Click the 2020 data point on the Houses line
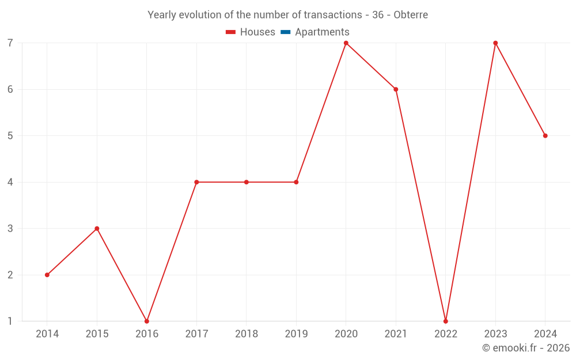point(346,43)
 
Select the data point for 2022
point(446,321)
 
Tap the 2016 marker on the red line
point(147,321)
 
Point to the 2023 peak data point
point(495,43)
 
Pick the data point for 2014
point(47,275)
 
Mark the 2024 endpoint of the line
point(545,136)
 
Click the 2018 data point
point(247,182)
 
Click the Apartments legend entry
point(322,32)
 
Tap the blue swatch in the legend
point(285,32)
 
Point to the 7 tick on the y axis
point(10,43)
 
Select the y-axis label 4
point(10,182)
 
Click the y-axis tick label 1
point(10,321)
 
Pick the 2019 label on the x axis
point(296,334)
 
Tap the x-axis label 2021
point(396,334)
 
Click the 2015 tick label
point(97,334)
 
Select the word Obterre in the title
point(411,15)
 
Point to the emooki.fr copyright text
point(526,348)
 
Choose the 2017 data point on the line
point(196,182)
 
